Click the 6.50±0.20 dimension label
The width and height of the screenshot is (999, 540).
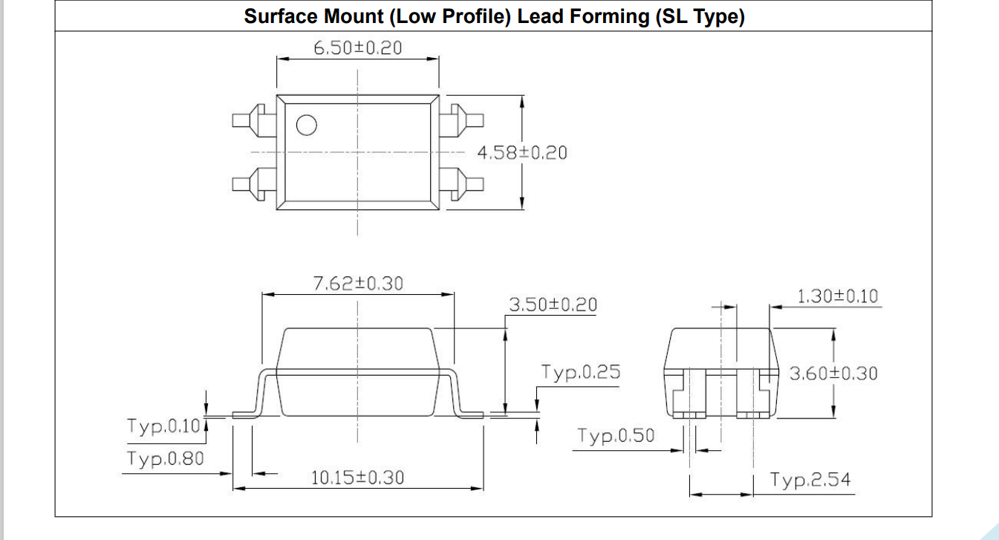[357, 48]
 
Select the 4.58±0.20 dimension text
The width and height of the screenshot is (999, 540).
[521, 153]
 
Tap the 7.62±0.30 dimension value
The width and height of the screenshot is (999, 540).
[359, 283]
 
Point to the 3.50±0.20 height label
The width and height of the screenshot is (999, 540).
[553, 305]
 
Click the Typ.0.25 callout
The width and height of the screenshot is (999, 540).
[580, 372]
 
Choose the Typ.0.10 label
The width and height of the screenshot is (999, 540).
[164, 426]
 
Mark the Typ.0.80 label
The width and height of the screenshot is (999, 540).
[164, 459]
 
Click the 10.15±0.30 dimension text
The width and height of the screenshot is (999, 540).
[357, 478]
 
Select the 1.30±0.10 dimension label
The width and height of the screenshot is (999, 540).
[837, 296]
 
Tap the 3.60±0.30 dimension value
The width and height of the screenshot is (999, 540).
[833, 373]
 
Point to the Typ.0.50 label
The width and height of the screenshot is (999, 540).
[616, 436]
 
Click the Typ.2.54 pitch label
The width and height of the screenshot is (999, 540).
[810, 480]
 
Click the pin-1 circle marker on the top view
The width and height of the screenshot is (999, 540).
[306, 126]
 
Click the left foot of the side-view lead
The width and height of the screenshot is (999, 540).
[244, 415]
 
